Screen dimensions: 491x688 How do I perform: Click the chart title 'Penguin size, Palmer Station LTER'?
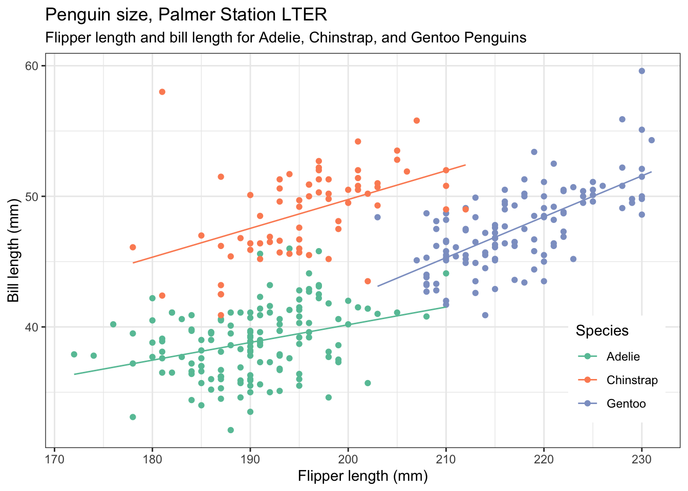(x=186, y=15)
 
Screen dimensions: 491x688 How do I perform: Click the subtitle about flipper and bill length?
(x=286, y=37)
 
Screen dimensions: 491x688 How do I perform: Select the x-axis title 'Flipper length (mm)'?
(x=362, y=476)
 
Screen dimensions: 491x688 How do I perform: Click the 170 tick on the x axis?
(x=54, y=457)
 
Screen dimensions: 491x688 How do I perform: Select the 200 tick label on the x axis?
(x=348, y=457)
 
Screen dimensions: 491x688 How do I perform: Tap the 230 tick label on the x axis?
(x=641, y=457)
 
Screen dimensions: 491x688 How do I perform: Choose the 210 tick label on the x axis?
(x=446, y=457)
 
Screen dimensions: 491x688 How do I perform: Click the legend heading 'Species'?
(x=602, y=331)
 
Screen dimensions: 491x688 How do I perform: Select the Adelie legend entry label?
(x=623, y=356)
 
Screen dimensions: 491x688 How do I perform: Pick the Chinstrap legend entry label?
(x=632, y=380)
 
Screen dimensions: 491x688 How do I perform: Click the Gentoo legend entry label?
(x=626, y=404)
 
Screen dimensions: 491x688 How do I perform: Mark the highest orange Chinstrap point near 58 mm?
(x=162, y=92)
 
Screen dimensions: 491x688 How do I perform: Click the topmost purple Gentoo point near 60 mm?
(x=641, y=71)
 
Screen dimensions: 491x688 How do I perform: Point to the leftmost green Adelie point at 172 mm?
(x=74, y=354)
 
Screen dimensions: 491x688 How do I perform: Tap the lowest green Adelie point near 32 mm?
(x=231, y=430)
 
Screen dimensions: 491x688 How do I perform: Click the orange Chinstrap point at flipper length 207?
(x=417, y=121)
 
